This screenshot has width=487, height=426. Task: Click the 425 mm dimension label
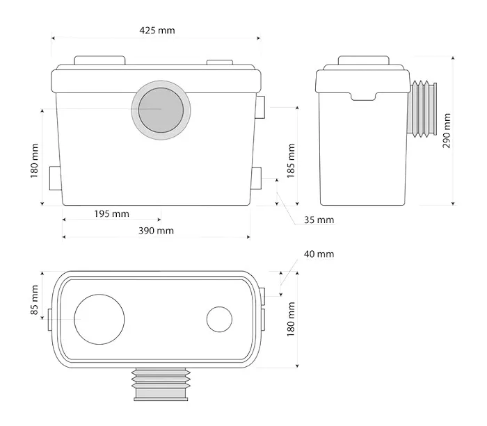point(157,31)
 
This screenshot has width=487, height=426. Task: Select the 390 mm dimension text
point(156,231)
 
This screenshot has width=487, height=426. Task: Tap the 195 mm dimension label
point(111,214)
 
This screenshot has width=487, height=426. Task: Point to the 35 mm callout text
point(319,220)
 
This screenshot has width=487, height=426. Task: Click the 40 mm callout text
point(319,254)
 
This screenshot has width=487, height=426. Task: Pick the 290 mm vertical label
point(447,131)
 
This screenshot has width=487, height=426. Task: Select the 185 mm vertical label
point(291,161)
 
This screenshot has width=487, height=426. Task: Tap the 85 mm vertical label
point(34,300)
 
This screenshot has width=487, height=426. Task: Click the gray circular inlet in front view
point(161,110)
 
